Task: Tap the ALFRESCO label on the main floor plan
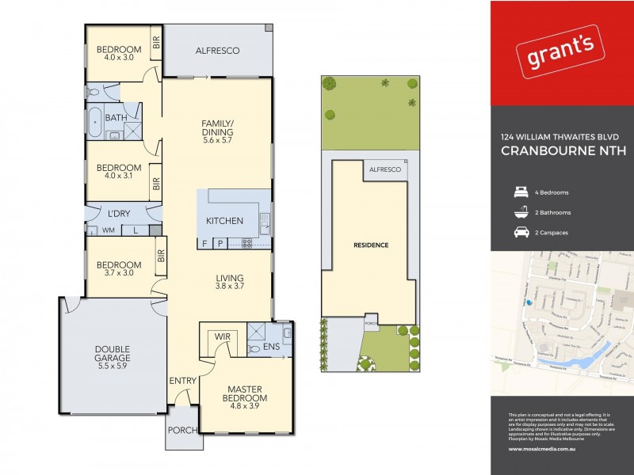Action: (x=217, y=51)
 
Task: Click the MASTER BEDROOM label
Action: (x=245, y=393)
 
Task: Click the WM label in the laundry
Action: (x=107, y=230)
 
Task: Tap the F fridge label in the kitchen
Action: (x=205, y=243)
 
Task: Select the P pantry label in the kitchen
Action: (x=220, y=243)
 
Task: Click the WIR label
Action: (x=222, y=338)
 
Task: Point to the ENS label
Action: (x=271, y=347)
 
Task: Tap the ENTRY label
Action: (x=182, y=381)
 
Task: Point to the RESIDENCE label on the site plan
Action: (x=371, y=245)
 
